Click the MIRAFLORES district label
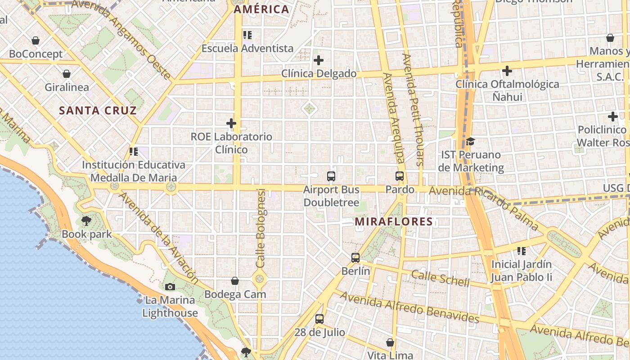coord(394,221)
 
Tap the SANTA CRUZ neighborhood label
coord(98,110)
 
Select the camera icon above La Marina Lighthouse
coord(170,287)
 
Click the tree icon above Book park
coord(86,221)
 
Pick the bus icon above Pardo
coord(399,176)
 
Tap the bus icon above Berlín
coord(355,258)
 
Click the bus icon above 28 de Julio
coord(319,319)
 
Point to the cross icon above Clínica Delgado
coord(319,60)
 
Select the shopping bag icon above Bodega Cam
coord(235,281)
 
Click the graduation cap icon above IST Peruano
coord(470,141)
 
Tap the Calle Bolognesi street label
coord(261,228)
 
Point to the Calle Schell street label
coord(440,278)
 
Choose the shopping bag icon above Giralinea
coord(67,74)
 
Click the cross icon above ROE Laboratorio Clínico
coord(231,123)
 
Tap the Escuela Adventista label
coord(247,48)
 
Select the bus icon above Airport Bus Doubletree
coord(331,176)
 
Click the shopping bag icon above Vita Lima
coord(390,342)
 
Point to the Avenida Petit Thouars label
coord(413,110)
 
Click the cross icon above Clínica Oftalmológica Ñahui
coord(507,71)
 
